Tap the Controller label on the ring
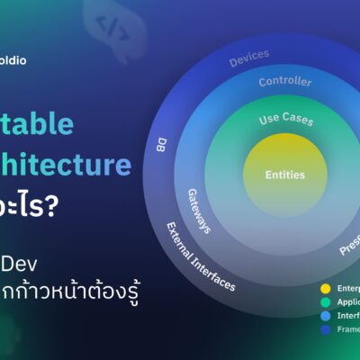(x=285, y=82)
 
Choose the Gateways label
(x=199, y=211)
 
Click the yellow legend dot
(x=325, y=289)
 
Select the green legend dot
(x=325, y=304)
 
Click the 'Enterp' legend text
(x=346, y=289)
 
